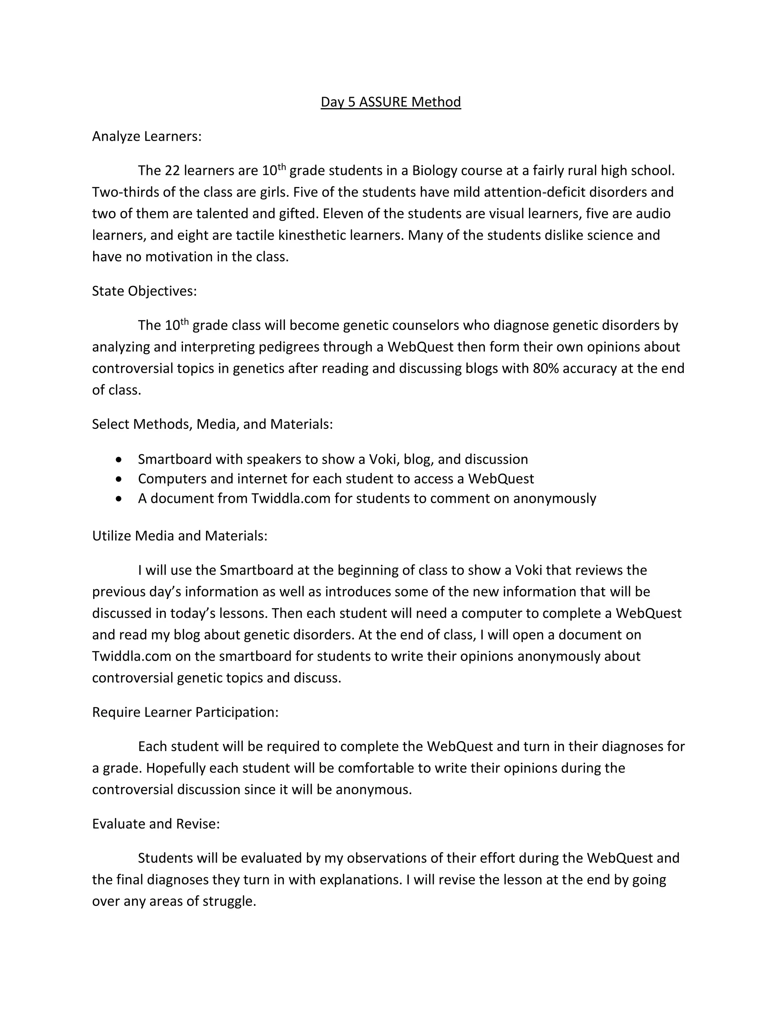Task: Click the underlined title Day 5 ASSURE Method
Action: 391,102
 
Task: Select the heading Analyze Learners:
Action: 146,136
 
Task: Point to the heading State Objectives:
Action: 144,291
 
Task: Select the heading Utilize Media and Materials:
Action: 180,536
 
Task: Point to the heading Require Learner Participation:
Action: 185,712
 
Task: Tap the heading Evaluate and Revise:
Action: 156,823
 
